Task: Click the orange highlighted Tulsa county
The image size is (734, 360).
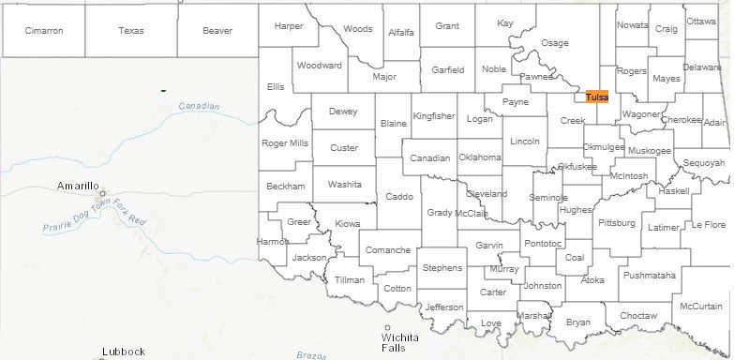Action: tap(596, 97)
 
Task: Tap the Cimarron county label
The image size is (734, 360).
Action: tap(44, 31)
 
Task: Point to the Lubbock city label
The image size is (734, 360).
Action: tap(124, 352)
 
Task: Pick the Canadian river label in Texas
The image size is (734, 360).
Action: tap(198, 106)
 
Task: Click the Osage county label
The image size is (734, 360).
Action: tap(555, 43)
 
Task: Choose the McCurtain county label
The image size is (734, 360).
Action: tap(701, 307)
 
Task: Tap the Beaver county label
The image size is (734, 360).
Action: tap(217, 31)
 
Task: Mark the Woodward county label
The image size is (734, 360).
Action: tap(320, 66)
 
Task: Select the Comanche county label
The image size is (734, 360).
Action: tap(387, 250)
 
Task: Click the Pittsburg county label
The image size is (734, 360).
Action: tap(616, 224)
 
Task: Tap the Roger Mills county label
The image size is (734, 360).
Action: tap(285, 143)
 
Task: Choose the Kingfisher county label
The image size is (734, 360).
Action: tap(434, 116)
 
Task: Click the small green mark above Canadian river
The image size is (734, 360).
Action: tap(163, 90)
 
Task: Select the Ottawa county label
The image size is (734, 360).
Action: tap(700, 21)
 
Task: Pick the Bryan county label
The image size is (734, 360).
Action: tap(578, 322)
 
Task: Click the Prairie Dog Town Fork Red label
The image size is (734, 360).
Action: tap(95, 217)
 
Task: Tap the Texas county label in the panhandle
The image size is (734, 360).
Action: tap(131, 31)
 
